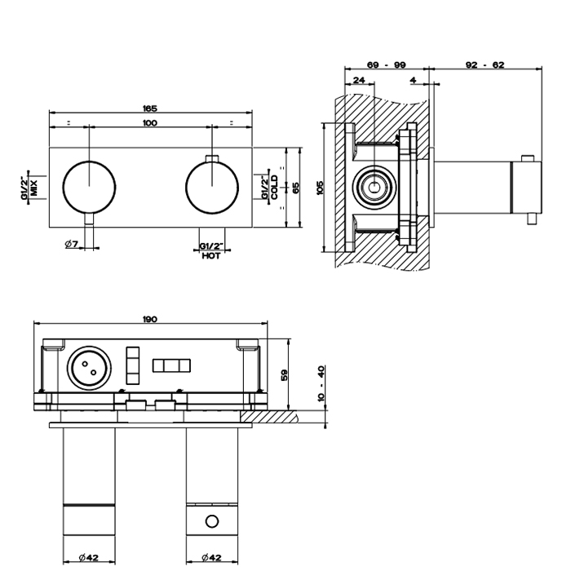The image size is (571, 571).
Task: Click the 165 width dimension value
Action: (149, 108)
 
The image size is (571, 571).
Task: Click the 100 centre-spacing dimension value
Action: (149, 123)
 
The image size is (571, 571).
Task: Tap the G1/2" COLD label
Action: (270, 186)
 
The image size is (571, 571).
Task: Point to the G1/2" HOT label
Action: (210, 250)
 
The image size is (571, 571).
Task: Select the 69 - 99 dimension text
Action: (387, 64)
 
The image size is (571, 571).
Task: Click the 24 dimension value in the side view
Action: (360, 80)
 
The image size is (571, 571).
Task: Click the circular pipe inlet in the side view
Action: (374, 187)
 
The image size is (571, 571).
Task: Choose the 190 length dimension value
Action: (149, 319)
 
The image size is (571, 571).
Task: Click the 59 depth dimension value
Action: (284, 374)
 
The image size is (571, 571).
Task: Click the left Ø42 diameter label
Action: (89, 558)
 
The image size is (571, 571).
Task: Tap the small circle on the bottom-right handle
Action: (211, 521)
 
